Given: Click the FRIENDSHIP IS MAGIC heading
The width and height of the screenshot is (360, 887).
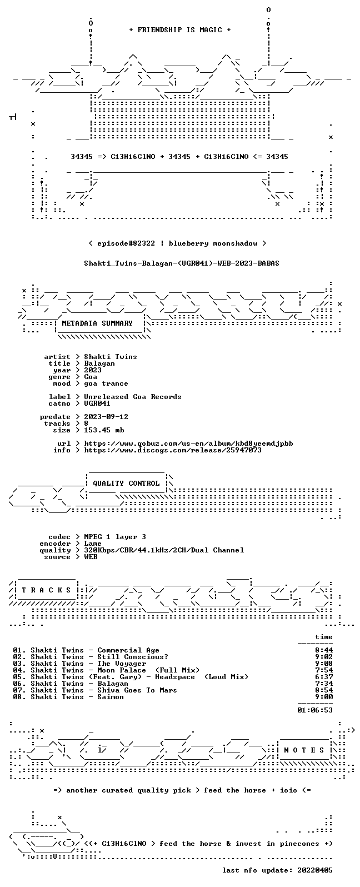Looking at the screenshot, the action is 180,30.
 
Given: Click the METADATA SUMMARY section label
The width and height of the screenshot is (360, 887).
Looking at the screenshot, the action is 97,323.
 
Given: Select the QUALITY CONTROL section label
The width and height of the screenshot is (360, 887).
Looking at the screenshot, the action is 126,484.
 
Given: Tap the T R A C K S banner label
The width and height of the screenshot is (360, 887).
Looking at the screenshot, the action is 46,590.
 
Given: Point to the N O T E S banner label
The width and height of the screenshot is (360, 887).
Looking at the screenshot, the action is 304,750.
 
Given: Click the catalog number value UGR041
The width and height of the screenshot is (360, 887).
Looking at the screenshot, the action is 97,403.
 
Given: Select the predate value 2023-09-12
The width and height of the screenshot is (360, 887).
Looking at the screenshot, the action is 106,417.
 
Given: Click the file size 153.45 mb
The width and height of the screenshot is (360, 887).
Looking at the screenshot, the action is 104,430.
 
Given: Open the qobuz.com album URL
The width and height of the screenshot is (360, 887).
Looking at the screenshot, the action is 188,444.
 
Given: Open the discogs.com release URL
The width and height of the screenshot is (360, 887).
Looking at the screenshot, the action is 173,450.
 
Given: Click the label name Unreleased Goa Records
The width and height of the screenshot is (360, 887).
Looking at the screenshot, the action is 133,397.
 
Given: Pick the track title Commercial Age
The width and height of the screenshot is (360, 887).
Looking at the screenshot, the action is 128,650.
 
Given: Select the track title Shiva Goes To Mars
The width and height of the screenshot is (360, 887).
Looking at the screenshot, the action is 137,690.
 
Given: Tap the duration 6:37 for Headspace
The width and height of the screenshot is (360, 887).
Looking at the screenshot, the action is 324,677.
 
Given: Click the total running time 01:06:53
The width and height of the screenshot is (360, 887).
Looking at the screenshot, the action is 315,710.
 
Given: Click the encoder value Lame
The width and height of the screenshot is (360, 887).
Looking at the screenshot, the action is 93,544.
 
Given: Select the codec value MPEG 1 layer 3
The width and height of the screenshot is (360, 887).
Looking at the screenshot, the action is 115,537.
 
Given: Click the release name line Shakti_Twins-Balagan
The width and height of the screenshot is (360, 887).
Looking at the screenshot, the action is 181,263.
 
